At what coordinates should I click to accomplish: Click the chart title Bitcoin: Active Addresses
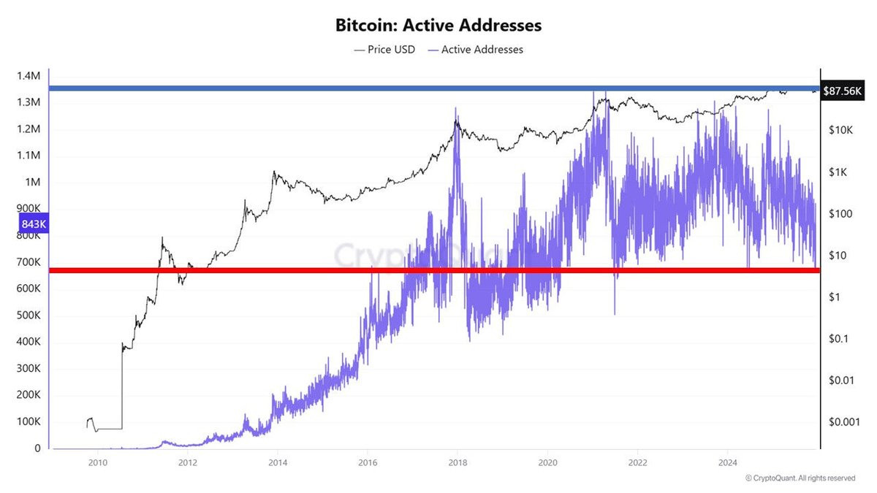coord(438,26)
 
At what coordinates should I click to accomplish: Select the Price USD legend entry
coord(384,50)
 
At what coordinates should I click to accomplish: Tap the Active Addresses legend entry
coord(476,50)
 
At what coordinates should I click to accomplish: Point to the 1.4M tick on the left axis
coord(29,76)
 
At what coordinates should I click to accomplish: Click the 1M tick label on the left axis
coord(32,183)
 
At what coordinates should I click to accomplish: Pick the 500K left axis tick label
coord(29,316)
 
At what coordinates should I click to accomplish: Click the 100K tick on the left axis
coord(29,422)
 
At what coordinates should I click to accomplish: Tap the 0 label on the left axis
coord(37,448)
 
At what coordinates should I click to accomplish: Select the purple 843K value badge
coord(34,223)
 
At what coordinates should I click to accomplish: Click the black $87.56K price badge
coord(842,91)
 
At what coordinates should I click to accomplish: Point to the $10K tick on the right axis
coord(840,130)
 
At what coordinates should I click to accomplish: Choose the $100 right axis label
coord(840,214)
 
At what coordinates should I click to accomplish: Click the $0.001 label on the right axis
coord(844,422)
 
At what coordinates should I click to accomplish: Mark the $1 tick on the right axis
coord(835,297)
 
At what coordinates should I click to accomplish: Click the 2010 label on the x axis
coord(97,463)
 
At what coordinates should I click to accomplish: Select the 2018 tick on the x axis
coord(458,463)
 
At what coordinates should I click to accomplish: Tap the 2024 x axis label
coord(728,463)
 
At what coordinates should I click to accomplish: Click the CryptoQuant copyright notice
coord(800,478)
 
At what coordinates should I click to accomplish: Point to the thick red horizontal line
coord(435,270)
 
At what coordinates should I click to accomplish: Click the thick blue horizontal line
coord(435,88)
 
